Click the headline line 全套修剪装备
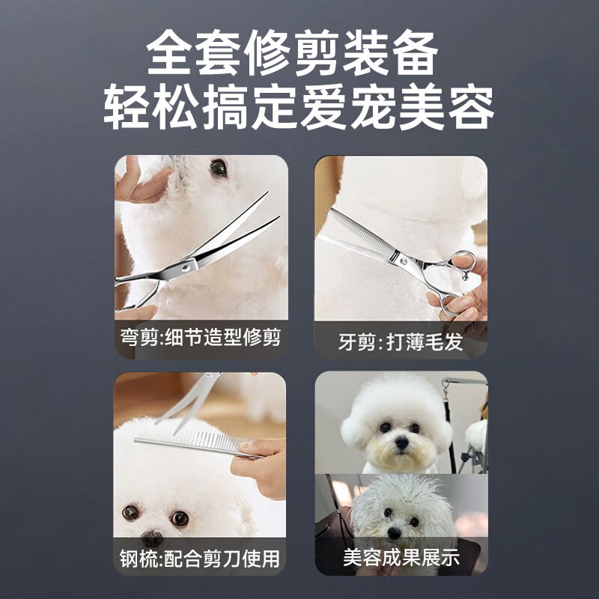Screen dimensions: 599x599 pyautogui.click(x=292, y=52)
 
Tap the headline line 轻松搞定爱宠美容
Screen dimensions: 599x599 pyautogui.click(x=299, y=108)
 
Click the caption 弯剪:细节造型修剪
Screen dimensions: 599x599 pyautogui.click(x=201, y=337)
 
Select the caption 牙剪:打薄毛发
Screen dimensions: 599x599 pyautogui.click(x=401, y=341)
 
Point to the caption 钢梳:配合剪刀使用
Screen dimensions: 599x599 pyautogui.click(x=200, y=559)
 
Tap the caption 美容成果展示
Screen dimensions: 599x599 pyautogui.click(x=401, y=557)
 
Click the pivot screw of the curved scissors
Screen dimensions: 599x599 pyautogui.click(x=186, y=267)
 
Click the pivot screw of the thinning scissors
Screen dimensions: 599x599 pyautogui.click(x=404, y=261)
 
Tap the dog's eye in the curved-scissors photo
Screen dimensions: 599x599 pyautogui.click(x=219, y=167)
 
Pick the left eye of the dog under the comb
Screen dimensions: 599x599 pyautogui.click(x=130, y=513)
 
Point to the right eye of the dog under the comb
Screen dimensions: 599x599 pyautogui.click(x=180, y=518)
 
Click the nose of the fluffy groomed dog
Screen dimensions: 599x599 pyautogui.click(x=401, y=443)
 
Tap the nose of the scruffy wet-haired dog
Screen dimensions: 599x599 pyautogui.click(x=394, y=533)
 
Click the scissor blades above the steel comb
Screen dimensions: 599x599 pyautogui.click(x=190, y=401)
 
